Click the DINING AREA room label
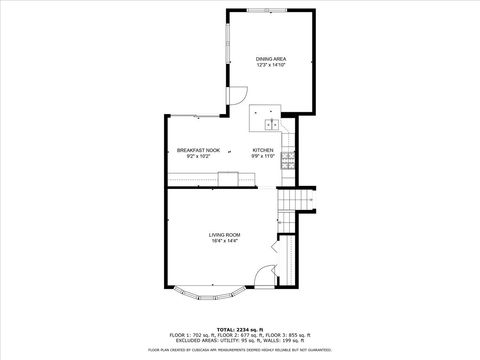pos(270,59)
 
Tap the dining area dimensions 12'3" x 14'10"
pos(270,65)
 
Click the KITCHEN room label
pos(263,150)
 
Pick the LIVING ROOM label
pos(224,234)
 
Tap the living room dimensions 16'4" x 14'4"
pos(224,240)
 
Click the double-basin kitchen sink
pos(272,125)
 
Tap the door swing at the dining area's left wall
pos(239,96)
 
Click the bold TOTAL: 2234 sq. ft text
pos(239,328)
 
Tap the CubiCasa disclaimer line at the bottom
pos(239,350)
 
